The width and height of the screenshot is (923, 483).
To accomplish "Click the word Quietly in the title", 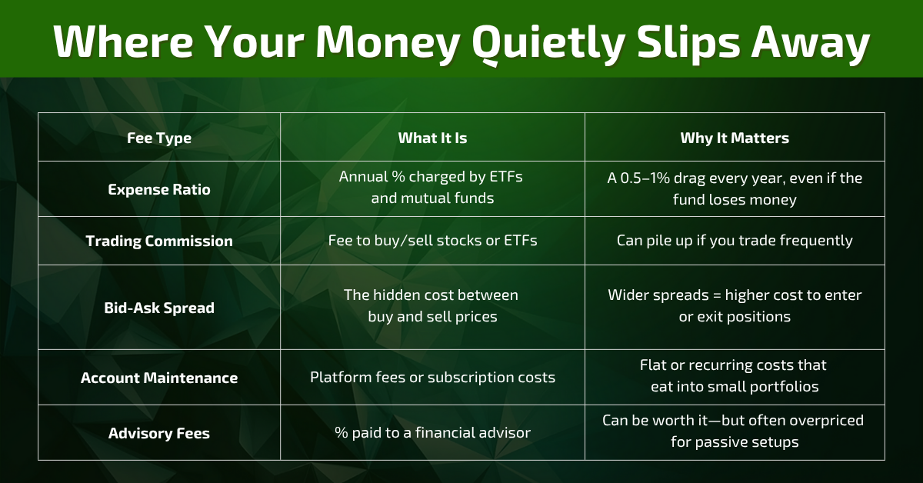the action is [548, 42].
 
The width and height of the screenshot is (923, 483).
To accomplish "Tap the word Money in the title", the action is [388, 42].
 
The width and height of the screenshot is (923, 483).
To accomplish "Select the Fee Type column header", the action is [159, 138].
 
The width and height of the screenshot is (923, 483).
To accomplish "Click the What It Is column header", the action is [432, 138].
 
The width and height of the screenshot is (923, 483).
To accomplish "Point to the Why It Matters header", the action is [735, 138].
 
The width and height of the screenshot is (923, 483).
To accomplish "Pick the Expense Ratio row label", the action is [159, 189].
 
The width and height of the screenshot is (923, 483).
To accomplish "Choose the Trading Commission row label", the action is [159, 241].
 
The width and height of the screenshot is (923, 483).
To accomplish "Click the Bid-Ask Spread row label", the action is [159, 308].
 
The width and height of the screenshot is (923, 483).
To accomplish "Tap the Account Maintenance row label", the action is [159, 378].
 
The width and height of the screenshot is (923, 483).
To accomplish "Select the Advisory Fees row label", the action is [159, 434].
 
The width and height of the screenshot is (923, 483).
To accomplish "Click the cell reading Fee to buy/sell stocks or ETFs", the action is [432, 241].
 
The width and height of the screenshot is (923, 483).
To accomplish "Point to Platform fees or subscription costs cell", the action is [432, 378].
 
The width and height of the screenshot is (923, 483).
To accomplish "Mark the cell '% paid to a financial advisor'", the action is [432, 433].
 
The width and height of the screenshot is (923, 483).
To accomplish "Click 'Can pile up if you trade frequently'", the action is [735, 241].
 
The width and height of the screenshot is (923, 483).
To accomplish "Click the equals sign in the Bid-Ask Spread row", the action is [717, 295].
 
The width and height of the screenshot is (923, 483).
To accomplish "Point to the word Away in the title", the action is [811, 42].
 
